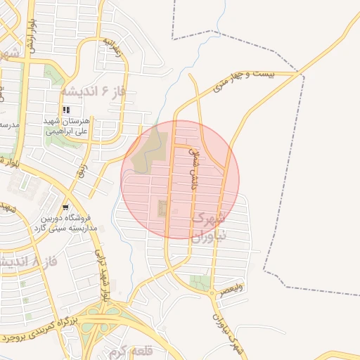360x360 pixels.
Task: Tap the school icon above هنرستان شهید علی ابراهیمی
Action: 67,110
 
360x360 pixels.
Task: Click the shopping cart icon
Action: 65,207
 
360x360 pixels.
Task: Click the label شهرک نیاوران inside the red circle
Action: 209,225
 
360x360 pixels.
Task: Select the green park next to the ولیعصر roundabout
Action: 199,283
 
